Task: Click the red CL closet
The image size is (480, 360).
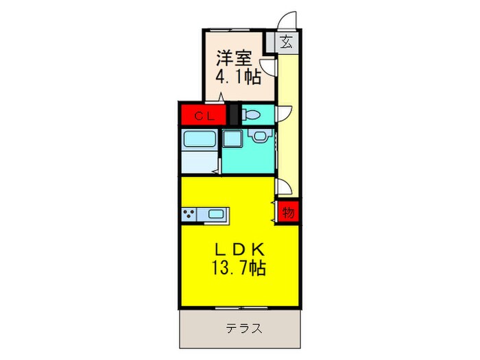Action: pyautogui.click(x=204, y=116)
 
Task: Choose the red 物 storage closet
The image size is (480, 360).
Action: pyautogui.click(x=288, y=213)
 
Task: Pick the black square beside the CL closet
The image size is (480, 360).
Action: pyautogui.click(x=232, y=113)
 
